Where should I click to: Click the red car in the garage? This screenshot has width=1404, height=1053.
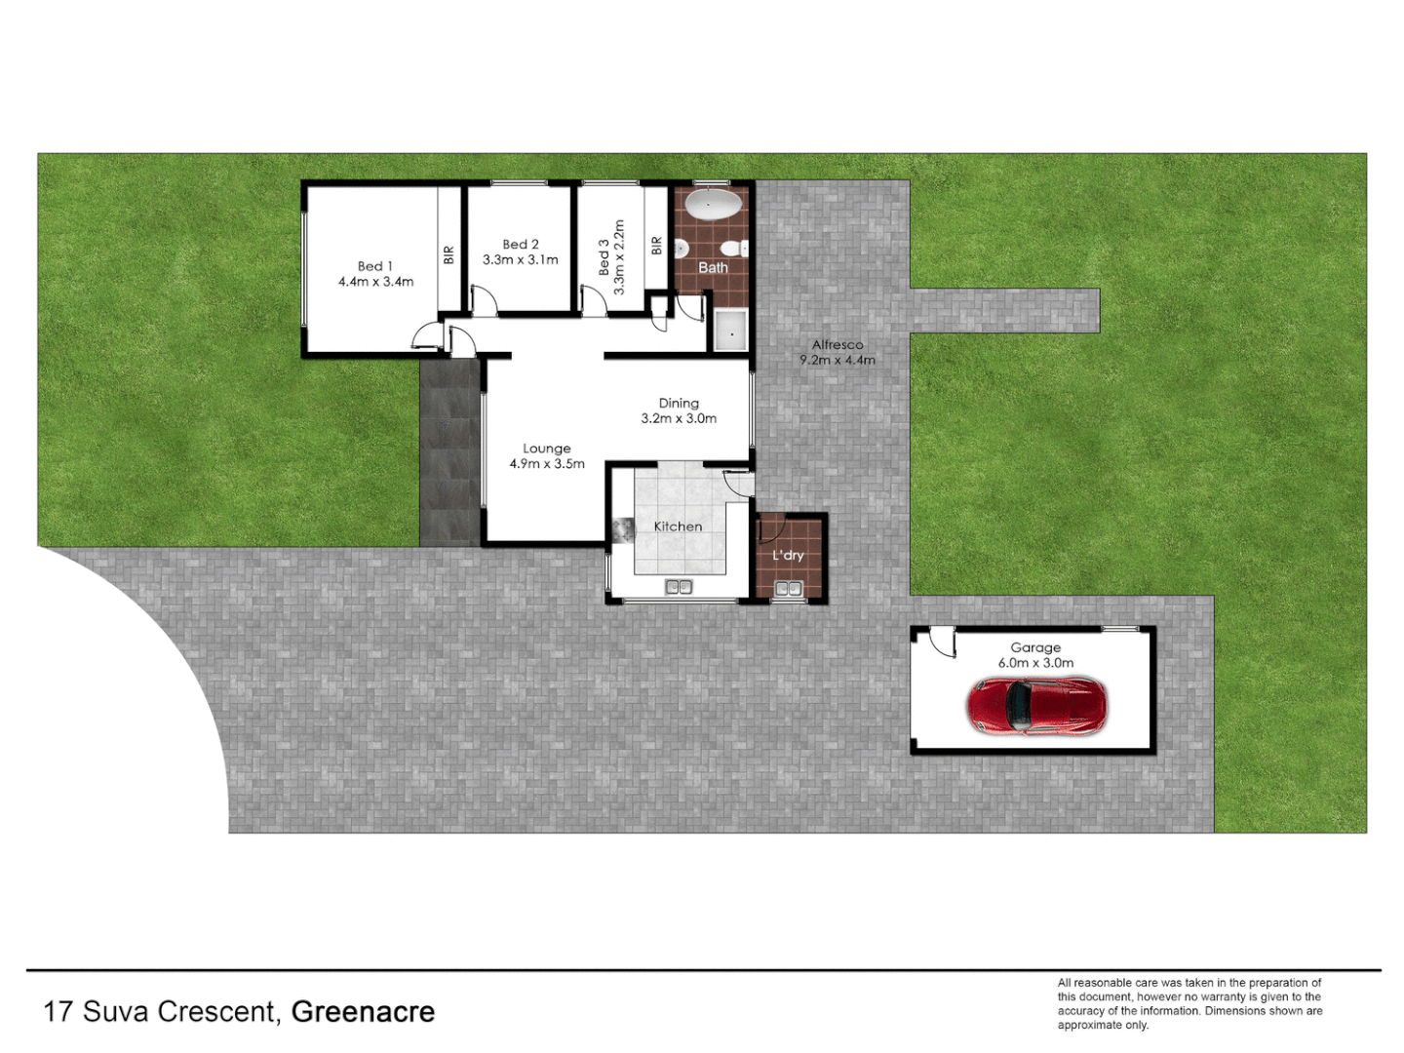tap(1036, 706)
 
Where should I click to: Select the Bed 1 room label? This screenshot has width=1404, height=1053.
tap(375, 266)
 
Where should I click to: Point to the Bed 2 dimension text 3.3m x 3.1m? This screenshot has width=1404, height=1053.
tap(521, 260)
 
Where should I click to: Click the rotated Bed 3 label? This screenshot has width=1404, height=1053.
tap(604, 257)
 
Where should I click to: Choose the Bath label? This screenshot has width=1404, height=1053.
tap(713, 267)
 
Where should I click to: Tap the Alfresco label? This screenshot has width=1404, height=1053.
tap(838, 344)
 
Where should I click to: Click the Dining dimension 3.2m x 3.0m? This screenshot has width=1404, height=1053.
tap(679, 418)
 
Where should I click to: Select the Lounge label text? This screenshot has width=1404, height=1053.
tap(546, 448)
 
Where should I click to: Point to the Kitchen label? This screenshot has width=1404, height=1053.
tap(678, 526)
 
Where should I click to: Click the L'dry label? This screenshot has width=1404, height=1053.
tap(788, 555)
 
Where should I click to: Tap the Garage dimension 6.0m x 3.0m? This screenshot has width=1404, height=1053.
tap(1035, 663)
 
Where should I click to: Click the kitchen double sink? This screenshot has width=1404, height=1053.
tap(679, 587)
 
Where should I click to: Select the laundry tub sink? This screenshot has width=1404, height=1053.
tap(788, 588)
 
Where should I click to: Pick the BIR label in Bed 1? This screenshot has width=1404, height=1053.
tap(448, 254)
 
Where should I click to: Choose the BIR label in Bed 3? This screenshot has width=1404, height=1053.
tap(656, 246)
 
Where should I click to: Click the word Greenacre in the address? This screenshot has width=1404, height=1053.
tap(363, 1012)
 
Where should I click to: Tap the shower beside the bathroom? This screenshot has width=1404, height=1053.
tap(729, 330)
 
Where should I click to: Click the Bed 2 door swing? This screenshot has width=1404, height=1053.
tap(485, 299)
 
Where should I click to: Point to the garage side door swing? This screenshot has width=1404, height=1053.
tap(941, 642)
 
